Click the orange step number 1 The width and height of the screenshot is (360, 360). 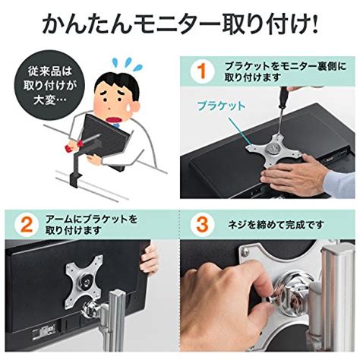[202, 71]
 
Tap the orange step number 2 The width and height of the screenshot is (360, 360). [26, 224]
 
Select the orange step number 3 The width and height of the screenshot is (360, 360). [202, 224]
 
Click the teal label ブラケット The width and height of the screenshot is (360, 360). [222, 106]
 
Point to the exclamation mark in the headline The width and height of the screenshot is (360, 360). [314, 24]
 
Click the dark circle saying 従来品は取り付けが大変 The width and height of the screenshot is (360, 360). [49, 85]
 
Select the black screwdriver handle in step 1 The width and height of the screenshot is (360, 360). [283, 96]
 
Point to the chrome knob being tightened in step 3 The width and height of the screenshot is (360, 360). [294, 295]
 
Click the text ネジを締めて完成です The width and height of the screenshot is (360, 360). [276, 224]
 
